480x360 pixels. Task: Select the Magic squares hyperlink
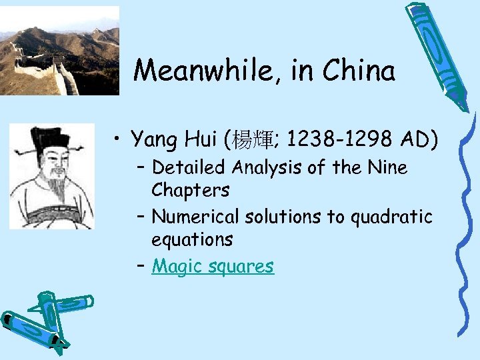(x=213, y=266)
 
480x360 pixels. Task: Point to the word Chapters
(x=191, y=191)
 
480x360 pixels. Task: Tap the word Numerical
(x=195, y=217)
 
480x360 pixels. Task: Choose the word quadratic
(x=398, y=217)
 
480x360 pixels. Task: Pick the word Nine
(x=386, y=167)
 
